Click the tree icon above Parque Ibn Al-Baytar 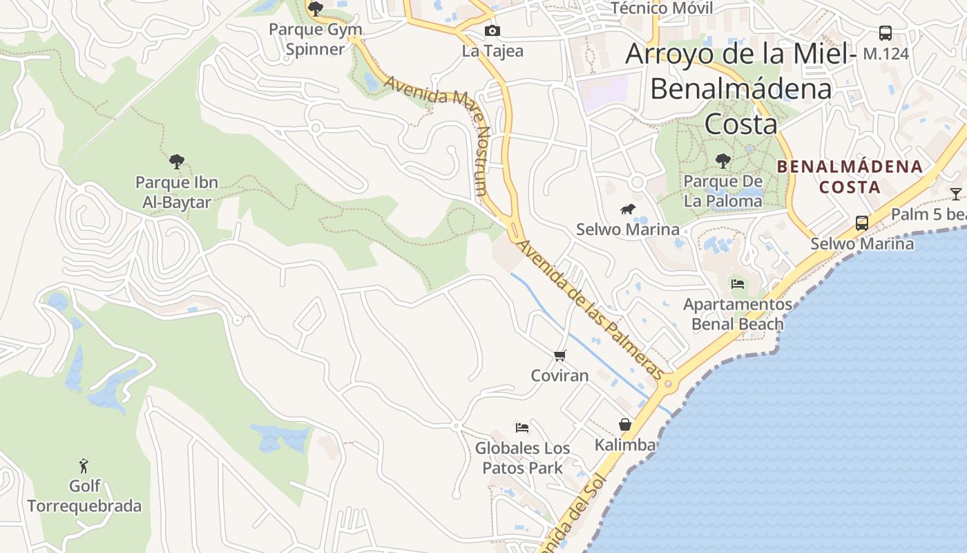tap(177, 162)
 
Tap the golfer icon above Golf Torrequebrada tap(84, 466)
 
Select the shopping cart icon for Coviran tap(559, 355)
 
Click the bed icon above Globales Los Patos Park tap(522, 428)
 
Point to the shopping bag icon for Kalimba tap(624, 424)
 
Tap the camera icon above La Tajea tap(492, 30)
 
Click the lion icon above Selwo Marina tap(627, 209)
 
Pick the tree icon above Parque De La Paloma tap(722, 161)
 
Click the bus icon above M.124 tap(885, 32)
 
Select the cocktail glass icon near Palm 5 tap(955, 194)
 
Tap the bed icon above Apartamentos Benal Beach tap(738, 283)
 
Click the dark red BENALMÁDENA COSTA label tap(850, 176)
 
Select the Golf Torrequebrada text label tap(84, 496)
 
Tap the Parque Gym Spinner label tap(315, 39)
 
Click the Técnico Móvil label tap(662, 8)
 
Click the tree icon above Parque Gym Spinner tap(316, 9)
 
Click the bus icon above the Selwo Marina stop tap(861, 223)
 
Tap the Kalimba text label tap(624, 445)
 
